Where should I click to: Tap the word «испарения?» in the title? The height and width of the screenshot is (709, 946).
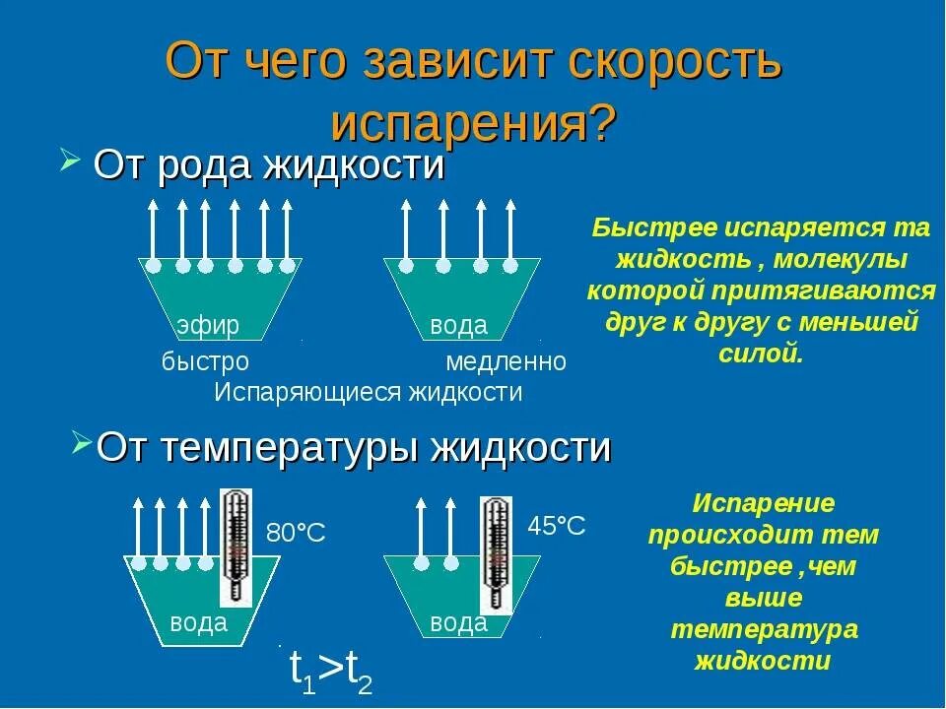point(473,123)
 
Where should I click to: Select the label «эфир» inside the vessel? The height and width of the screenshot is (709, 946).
point(208,326)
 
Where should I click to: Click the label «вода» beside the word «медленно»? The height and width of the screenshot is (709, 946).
point(459,326)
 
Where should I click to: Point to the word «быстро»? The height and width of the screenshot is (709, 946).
point(205,362)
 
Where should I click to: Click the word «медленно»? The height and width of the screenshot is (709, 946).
point(507,362)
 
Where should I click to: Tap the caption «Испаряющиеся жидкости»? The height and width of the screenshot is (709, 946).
point(369,392)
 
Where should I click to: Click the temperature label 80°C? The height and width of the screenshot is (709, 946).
point(296,534)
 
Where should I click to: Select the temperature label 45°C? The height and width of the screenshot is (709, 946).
point(557,526)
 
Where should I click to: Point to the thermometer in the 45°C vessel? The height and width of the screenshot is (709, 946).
point(496,553)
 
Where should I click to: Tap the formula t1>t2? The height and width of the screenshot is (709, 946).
point(331,672)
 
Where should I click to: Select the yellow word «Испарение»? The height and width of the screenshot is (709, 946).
point(763,504)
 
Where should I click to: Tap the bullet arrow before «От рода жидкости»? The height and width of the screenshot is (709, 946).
point(69,161)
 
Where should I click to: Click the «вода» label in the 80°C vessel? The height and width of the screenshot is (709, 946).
point(198,622)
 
